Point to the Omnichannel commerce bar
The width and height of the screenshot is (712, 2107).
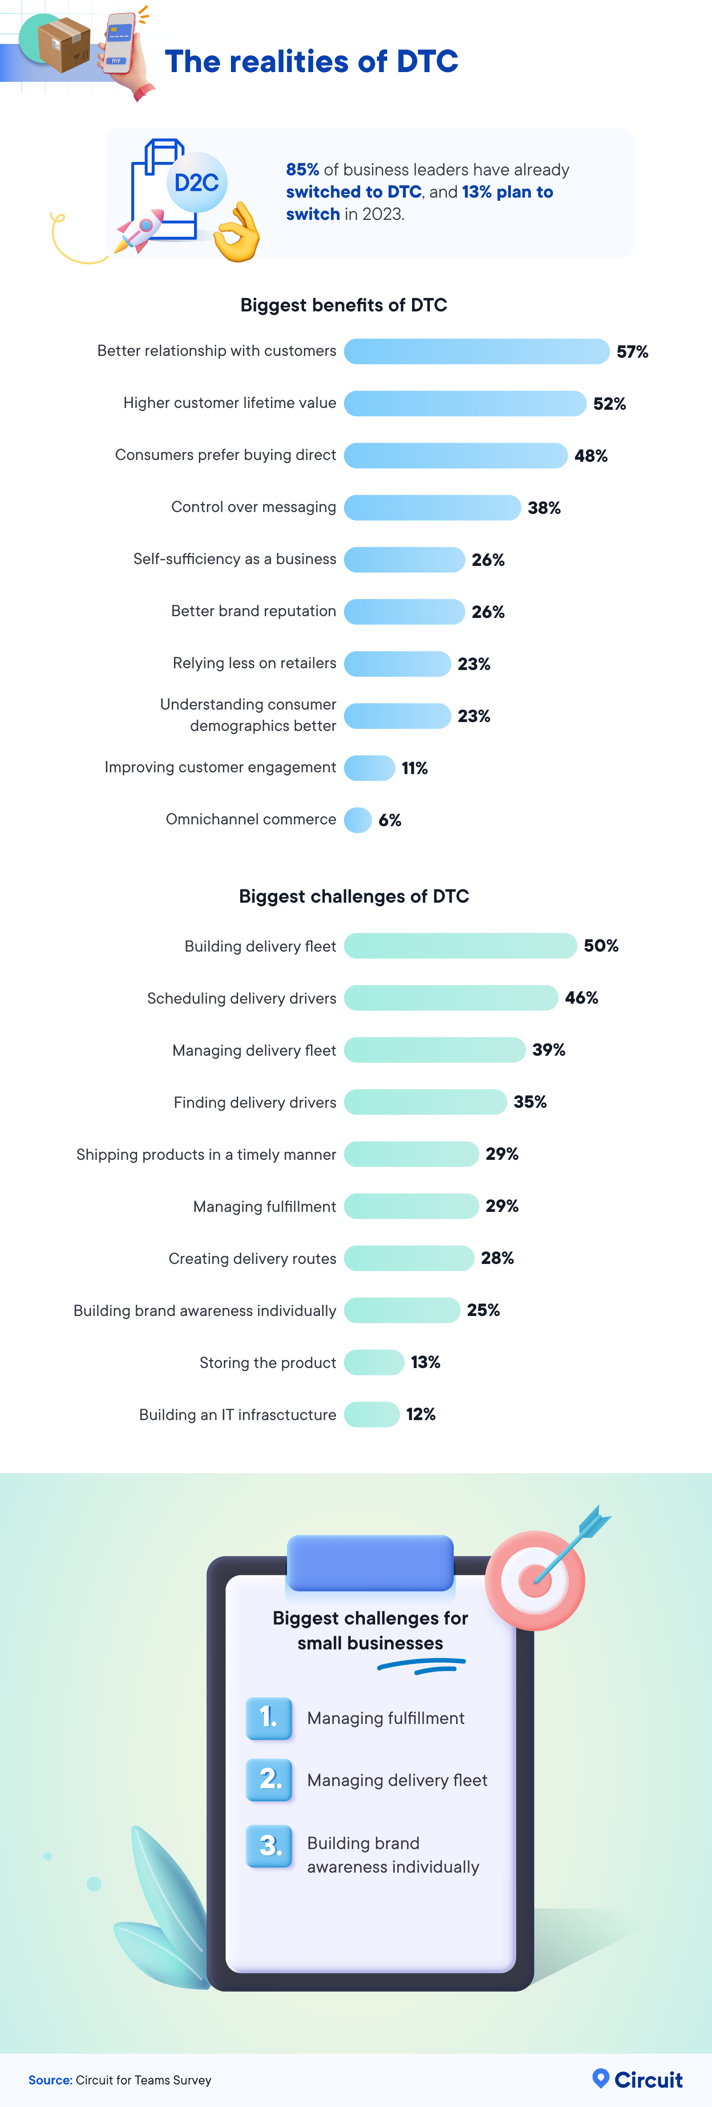(358, 819)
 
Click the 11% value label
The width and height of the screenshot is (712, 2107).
(414, 768)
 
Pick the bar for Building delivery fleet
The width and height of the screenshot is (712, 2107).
(460, 945)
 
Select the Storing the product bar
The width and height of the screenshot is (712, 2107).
(374, 1362)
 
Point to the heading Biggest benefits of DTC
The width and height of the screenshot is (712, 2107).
(344, 305)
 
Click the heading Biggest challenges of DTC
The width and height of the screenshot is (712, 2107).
(353, 896)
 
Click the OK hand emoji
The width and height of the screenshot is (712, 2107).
(236, 233)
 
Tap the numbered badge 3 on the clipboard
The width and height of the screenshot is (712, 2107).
(269, 1846)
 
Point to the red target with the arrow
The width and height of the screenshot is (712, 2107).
(536, 1578)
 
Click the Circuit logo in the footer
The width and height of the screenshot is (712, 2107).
(638, 2079)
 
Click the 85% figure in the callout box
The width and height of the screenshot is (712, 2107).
(302, 170)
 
